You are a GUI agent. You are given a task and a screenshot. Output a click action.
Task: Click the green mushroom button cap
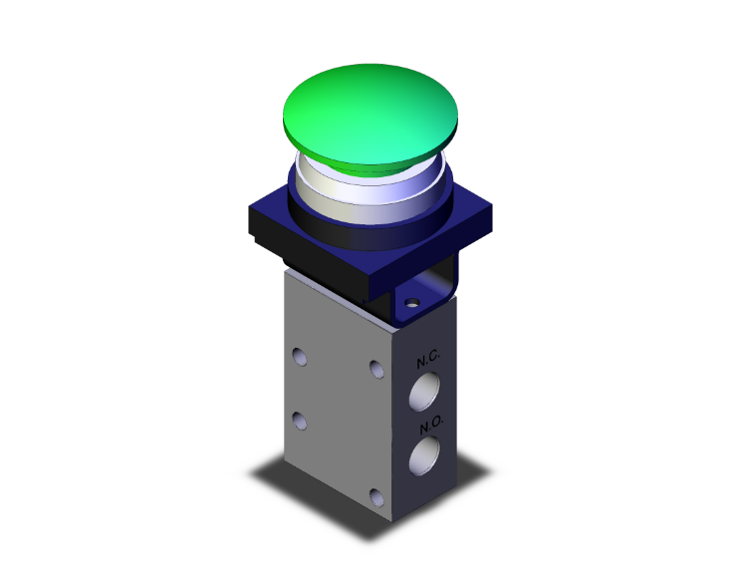click(x=370, y=114)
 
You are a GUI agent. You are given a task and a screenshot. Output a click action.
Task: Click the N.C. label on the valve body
click(x=428, y=360)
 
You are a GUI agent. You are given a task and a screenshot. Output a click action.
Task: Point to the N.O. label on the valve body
click(x=431, y=426)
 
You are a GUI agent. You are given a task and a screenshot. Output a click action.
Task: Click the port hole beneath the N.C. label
click(x=424, y=391)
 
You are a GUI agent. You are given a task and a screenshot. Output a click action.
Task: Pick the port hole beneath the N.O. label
click(x=424, y=455)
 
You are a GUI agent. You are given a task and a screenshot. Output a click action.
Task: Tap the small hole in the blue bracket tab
click(x=412, y=302)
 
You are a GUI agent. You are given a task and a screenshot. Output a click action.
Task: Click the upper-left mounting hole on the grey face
click(x=300, y=357)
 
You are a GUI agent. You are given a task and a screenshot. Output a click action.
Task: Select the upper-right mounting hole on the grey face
click(x=376, y=370)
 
